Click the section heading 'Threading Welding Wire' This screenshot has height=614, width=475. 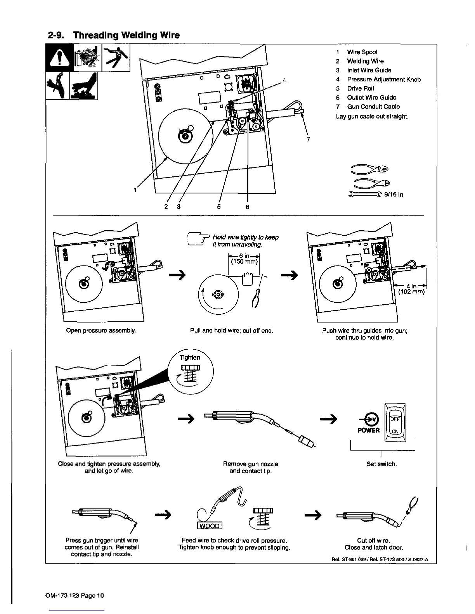[126, 36]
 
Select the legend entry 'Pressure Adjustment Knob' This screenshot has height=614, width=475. [383, 79]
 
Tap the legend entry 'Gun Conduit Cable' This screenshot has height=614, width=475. [373, 107]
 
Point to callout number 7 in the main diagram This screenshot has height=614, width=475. [308, 140]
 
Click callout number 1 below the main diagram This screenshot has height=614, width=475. [135, 190]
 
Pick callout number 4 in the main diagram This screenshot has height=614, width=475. [284, 81]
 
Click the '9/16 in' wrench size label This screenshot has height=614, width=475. [393, 195]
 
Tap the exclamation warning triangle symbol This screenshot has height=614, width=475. [59, 58]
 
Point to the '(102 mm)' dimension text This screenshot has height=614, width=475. [411, 292]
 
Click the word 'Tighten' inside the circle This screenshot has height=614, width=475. [190, 357]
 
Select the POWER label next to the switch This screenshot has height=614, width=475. [368, 430]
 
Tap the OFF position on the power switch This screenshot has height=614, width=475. [395, 419]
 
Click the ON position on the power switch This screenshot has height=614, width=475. [395, 431]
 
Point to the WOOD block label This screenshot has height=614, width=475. [210, 526]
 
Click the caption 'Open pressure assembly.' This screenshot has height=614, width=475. [101, 331]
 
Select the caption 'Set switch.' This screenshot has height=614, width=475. [381, 464]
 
